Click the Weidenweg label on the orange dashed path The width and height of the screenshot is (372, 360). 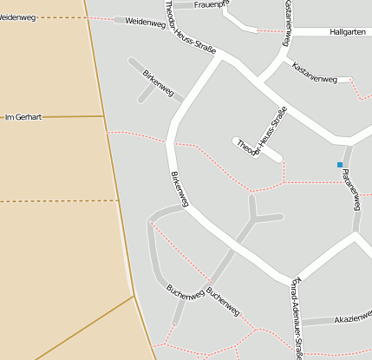tap(16, 17)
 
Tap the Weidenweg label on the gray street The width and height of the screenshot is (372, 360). tap(145, 23)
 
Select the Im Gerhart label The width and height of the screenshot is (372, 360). tap(23, 116)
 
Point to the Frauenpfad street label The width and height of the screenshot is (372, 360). tap(212, 4)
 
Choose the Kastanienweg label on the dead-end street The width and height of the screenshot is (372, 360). tap(315, 73)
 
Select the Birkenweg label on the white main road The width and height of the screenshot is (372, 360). tap(179, 186)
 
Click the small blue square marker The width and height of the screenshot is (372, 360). tap(340, 165)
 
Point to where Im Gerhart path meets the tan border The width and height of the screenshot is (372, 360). tap(103, 116)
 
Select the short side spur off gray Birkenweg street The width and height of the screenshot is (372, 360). tap(144, 94)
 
